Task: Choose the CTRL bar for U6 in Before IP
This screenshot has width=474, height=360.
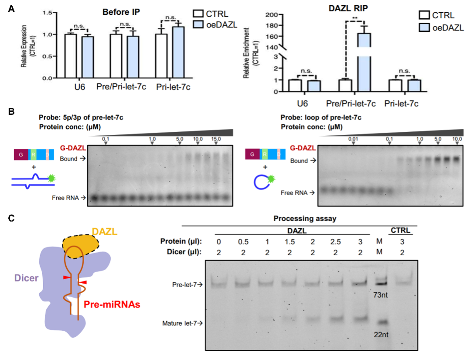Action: point(70,56)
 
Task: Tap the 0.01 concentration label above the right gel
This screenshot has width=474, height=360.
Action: point(353,139)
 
